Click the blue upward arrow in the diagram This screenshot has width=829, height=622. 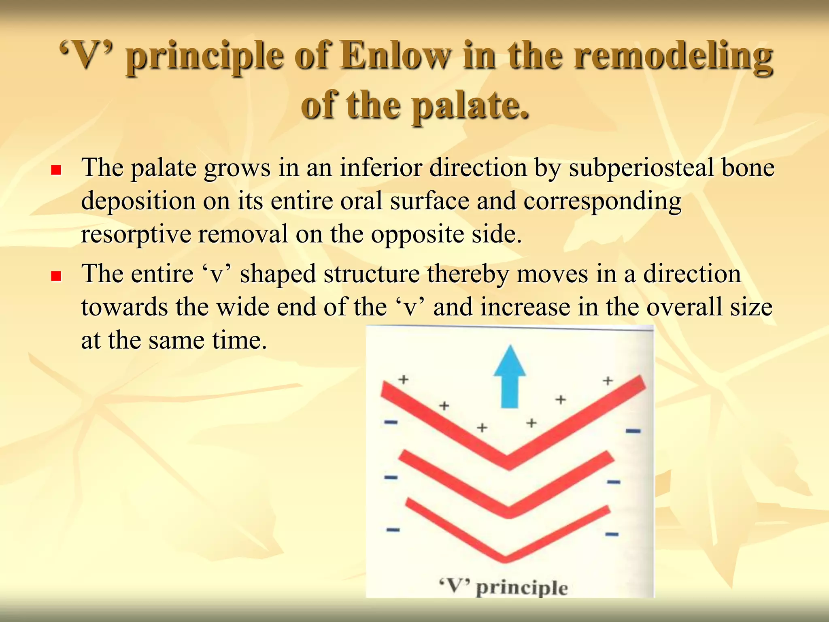pyautogui.click(x=510, y=379)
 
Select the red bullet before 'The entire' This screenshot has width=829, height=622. pyautogui.click(x=56, y=276)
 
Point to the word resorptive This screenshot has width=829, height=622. pyautogui.click(x=136, y=234)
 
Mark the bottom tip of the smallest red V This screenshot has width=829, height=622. pyautogui.click(x=505, y=558)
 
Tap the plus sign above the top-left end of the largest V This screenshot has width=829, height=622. pyautogui.click(x=403, y=379)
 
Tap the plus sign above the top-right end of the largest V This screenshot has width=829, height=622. pyautogui.click(x=608, y=380)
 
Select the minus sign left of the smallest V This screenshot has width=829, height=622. pyautogui.click(x=393, y=530)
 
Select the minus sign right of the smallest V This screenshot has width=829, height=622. pyautogui.click(x=612, y=535)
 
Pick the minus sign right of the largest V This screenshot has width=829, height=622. pyautogui.click(x=633, y=431)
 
